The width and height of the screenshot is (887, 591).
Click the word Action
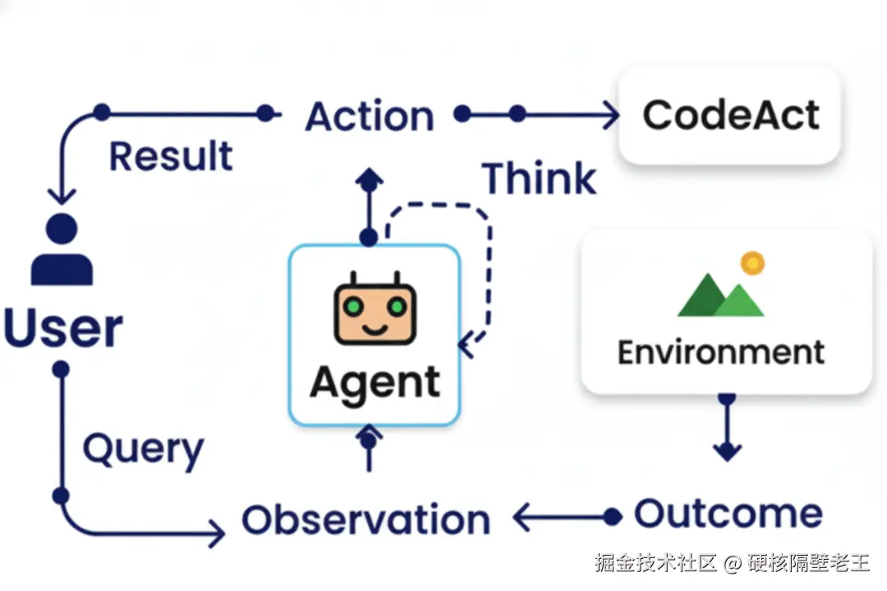pos(370,116)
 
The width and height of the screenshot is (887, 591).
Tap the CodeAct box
pos(730,116)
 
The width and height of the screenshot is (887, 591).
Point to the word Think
pos(539,178)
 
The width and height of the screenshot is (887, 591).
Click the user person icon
pos(62,250)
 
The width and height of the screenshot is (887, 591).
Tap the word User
pos(63,328)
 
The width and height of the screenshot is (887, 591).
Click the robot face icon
pos(375,309)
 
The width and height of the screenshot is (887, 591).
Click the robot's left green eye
pos(353,306)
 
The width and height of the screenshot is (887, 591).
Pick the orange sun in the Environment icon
pos(752,263)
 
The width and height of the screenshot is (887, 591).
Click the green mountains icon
pos(721,295)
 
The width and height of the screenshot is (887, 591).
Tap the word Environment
pos(721,352)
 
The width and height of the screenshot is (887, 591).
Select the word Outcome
pos(728,514)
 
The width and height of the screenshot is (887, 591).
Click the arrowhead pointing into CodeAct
pos(611,115)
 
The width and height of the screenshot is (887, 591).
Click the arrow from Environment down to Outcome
pos(727,428)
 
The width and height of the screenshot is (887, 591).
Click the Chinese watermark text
pos(732,563)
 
